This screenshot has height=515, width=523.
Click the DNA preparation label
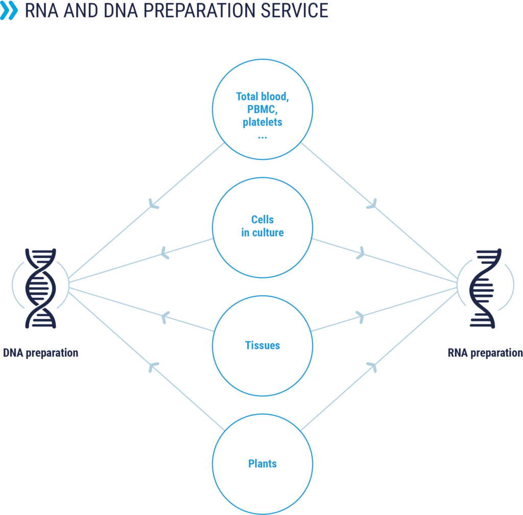tap(40, 353)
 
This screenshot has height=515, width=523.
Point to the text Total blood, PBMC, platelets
tap(261, 109)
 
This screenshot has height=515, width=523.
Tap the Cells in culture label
tap(262, 226)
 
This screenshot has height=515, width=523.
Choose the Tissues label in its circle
tap(262, 346)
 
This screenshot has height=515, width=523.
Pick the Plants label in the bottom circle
tap(262, 464)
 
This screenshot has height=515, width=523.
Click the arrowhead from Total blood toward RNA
tap(372, 204)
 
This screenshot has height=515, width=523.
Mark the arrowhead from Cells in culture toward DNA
tap(164, 251)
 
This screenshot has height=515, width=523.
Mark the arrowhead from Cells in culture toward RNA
tap(361, 251)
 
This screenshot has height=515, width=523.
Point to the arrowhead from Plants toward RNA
tap(372, 365)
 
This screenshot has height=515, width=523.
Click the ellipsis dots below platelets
tap(261, 137)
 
